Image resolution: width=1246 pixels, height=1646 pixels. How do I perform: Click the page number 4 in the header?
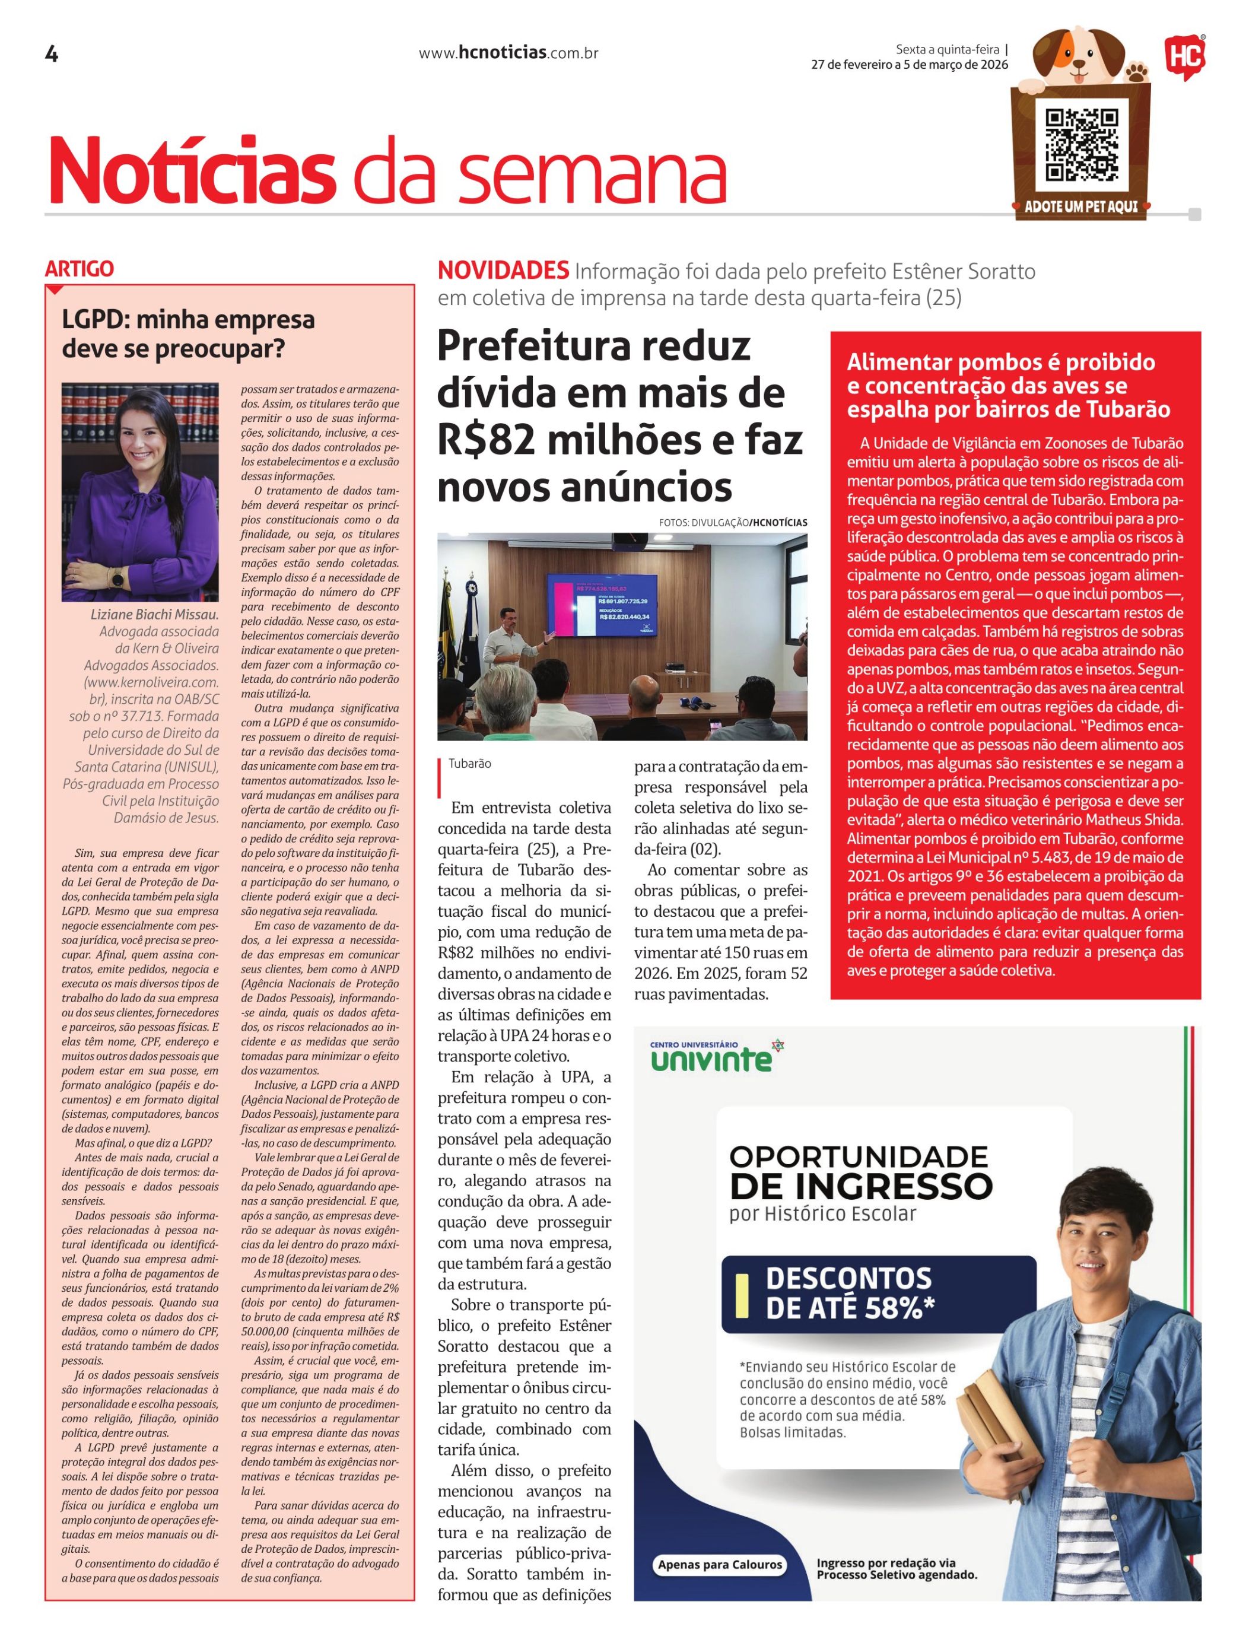point(52,55)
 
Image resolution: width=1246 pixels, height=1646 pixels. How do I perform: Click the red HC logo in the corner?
point(1184,59)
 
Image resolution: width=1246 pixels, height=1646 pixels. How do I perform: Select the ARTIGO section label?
point(80,269)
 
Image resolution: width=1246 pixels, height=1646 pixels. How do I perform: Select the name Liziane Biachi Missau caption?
point(155,615)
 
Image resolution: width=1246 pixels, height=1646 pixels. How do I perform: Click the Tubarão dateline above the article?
point(469,764)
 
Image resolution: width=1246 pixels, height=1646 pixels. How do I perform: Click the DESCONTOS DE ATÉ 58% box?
point(878,1294)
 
